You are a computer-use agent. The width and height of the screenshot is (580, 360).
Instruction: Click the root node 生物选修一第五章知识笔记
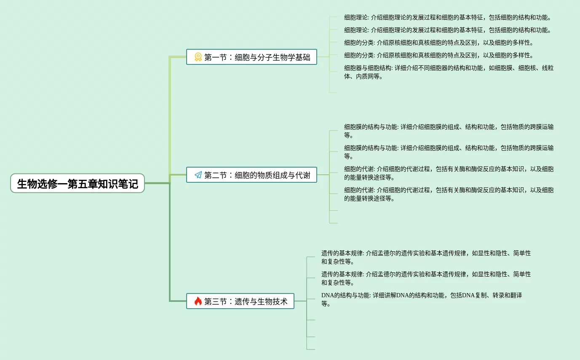(78, 184)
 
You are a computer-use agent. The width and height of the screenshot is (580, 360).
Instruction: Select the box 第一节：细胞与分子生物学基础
(251, 57)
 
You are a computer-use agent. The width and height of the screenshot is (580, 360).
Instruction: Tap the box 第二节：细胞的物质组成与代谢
(251, 175)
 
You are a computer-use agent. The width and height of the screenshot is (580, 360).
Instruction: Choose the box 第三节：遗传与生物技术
(240, 301)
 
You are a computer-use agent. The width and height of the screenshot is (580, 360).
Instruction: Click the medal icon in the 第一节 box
(198, 57)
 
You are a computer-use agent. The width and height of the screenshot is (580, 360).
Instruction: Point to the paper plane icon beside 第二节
(198, 175)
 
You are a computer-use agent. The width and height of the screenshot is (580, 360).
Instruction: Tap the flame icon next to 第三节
(198, 301)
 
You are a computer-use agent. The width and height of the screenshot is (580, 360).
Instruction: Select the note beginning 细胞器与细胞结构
(449, 72)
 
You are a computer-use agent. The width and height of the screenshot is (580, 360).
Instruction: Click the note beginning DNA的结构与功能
(421, 299)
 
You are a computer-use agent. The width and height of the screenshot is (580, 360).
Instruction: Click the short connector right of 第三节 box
(300, 301)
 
